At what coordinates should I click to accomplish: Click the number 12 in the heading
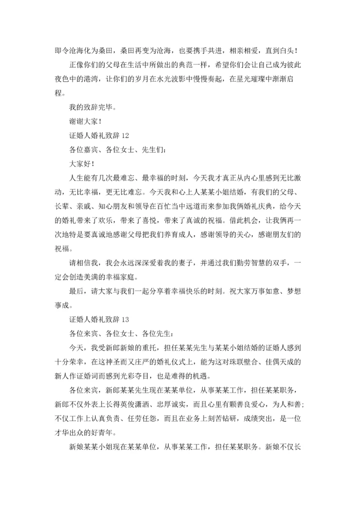coord(125,135)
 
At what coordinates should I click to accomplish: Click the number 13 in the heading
coord(125,318)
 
